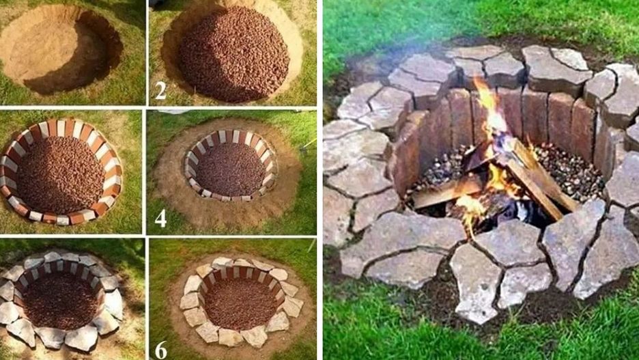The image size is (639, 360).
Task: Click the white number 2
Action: click(x=160, y=90)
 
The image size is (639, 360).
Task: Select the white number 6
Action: click(x=160, y=349)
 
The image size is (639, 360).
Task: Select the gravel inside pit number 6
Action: click(x=240, y=304)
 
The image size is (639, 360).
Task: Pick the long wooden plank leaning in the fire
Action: click(x=538, y=180)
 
